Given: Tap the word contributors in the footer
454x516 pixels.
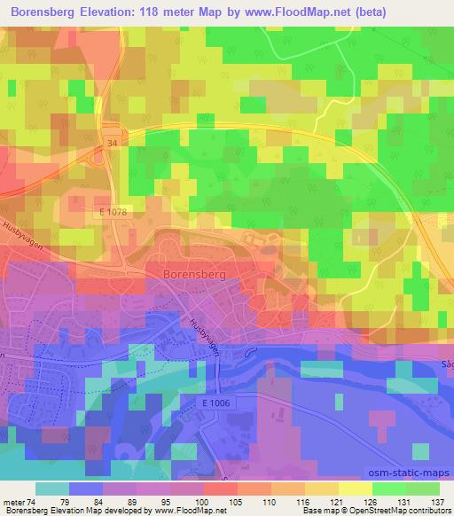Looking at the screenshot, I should click(427, 511).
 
